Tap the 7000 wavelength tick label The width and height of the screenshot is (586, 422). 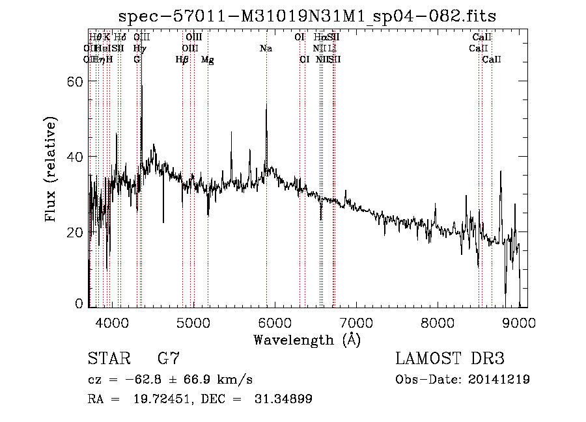click(x=356, y=322)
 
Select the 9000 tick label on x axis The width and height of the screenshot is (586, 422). click(x=519, y=322)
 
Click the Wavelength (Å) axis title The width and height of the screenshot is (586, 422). click(x=306, y=339)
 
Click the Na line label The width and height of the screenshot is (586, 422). click(x=266, y=49)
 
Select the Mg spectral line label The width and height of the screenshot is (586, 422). click(x=208, y=60)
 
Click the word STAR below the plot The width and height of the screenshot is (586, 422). click(x=108, y=359)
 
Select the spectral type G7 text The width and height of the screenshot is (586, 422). click(x=169, y=359)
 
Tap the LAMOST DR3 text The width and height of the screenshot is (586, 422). click(x=450, y=359)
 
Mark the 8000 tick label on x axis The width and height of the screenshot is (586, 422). click(x=438, y=322)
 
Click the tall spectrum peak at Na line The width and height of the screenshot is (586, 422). click(x=266, y=104)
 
